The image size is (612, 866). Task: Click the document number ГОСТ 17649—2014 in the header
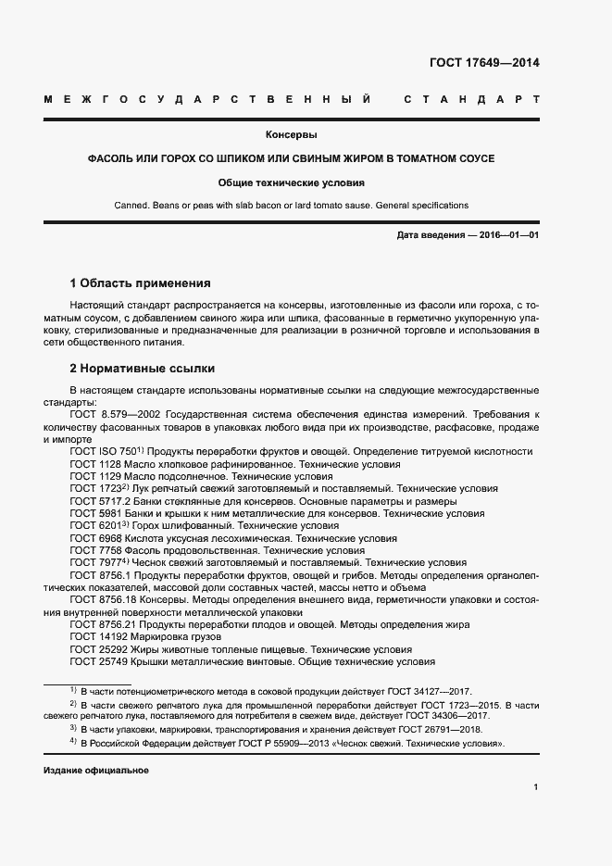coord(483,64)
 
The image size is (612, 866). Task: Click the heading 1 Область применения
coord(141,282)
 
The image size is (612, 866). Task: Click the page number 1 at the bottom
coord(535,786)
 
